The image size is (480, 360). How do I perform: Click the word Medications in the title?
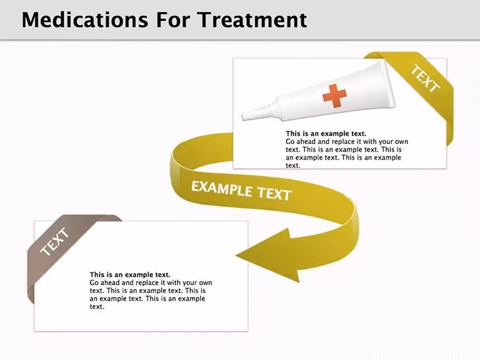pyautogui.click(x=85, y=20)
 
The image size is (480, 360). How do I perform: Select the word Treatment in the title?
pyautogui.click(x=252, y=20)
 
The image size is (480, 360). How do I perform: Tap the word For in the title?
pyautogui.click(x=172, y=20)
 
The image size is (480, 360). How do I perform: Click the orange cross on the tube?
pyautogui.click(x=335, y=95)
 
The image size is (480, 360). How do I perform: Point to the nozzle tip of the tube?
pyautogui.click(x=243, y=117)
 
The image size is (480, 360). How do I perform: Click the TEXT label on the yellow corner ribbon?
pyautogui.click(x=425, y=78)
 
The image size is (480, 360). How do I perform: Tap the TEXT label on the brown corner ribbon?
pyautogui.click(x=55, y=241)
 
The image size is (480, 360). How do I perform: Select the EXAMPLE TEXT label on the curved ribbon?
pyautogui.click(x=241, y=190)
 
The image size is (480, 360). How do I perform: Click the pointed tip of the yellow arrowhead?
pyautogui.click(x=236, y=255)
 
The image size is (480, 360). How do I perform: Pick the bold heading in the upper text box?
pyautogui.click(x=326, y=133)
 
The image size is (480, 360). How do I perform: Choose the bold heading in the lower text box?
pyautogui.click(x=130, y=275)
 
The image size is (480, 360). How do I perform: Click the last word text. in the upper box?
pyautogui.click(x=293, y=165)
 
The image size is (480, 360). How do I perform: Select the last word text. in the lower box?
pyautogui.click(x=97, y=306)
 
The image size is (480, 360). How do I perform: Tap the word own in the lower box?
pyautogui.click(x=205, y=282)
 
